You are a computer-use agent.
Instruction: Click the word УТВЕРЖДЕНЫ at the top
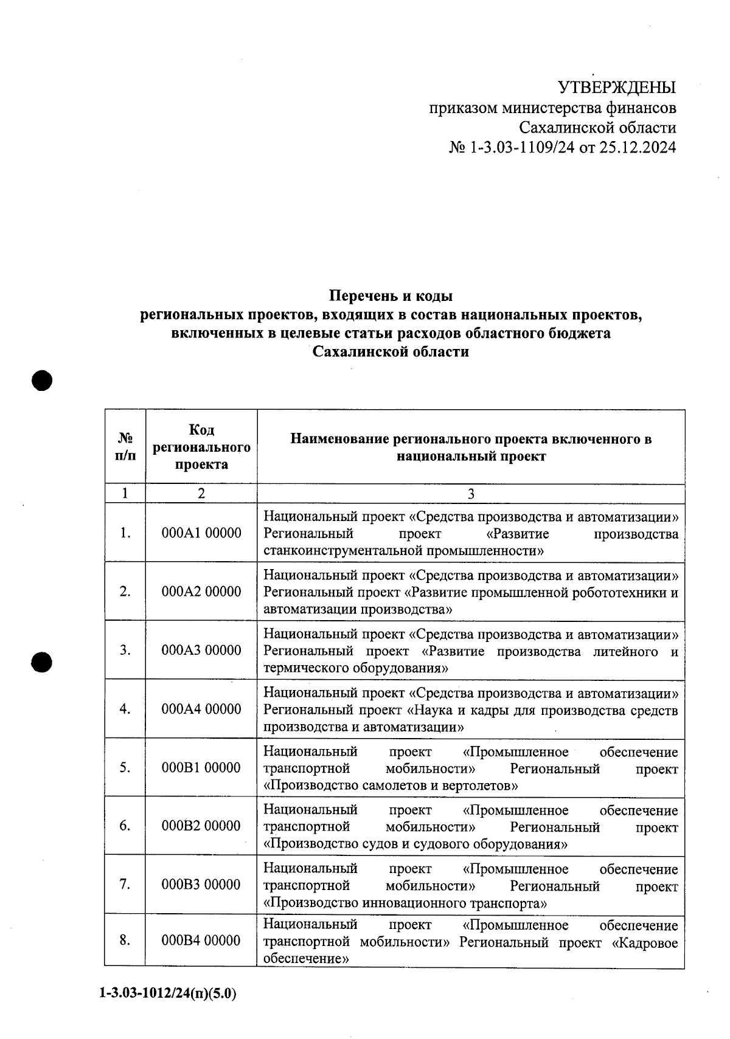pyautogui.click(x=617, y=88)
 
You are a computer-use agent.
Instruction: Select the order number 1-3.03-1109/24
pyautogui.click(x=522, y=148)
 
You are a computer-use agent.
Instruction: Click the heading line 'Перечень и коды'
pyautogui.click(x=391, y=297)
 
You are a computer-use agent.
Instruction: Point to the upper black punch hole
pyautogui.click(x=42, y=381)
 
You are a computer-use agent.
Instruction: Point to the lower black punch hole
pyautogui.click(x=42, y=661)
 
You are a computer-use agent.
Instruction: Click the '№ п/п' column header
pyautogui.click(x=125, y=446)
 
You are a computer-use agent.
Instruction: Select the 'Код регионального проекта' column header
pyautogui.click(x=201, y=447)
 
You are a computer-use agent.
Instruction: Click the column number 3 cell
pyautogui.click(x=470, y=494)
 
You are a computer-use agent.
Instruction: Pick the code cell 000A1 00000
pyautogui.click(x=201, y=533)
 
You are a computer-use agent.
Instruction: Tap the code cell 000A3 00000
pyautogui.click(x=201, y=651)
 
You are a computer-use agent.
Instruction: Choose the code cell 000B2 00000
pyautogui.click(x=201, y=826)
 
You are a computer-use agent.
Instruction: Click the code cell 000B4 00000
pyautogui.click(x=201, y=941)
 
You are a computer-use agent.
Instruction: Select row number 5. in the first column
pyautogui.click(x=125, y=768)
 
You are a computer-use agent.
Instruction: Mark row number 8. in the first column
pyautogui.click(x=125, y=941)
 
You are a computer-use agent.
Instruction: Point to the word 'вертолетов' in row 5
pyautogui.click(x=484, y=785)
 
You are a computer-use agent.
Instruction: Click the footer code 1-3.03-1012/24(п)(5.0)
pyautogui.click(x=167, y=994)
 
